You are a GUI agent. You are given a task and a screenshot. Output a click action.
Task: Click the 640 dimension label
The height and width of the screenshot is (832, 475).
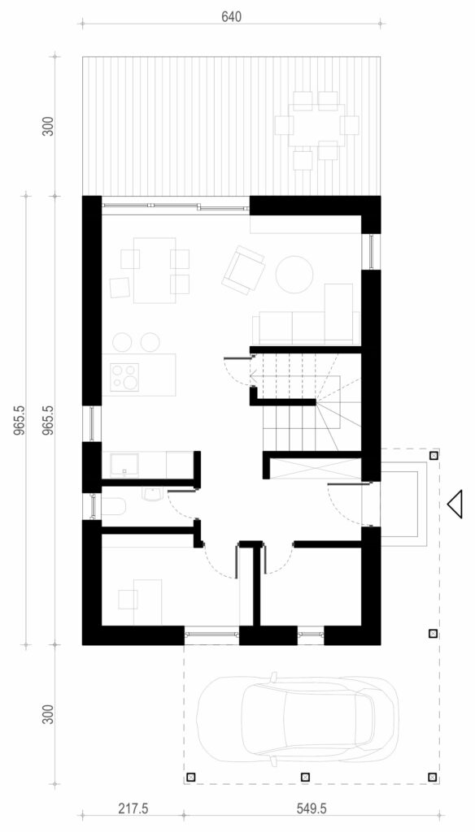coord(231,16)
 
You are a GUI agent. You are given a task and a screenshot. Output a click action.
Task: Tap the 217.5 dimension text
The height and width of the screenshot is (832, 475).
coord(133,808)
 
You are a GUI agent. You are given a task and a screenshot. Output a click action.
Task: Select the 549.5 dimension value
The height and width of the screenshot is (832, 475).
coord(311,808)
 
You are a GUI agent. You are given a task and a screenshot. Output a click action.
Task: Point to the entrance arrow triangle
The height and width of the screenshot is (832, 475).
coord(455,504)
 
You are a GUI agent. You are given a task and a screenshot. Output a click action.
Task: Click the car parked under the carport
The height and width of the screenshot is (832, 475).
coord(297,720)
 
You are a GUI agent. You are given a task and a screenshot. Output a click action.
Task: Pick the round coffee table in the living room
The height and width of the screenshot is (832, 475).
coord(294,275)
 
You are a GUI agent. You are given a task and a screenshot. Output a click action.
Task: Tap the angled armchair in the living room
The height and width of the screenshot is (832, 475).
coord(243,270)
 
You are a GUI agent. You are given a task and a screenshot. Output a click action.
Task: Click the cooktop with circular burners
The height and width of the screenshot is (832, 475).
coord(124,377)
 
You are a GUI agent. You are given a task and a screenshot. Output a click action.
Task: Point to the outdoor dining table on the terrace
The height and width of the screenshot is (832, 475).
coord(316,125)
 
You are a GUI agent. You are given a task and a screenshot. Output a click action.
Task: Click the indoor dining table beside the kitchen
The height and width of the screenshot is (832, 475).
coord(155,270)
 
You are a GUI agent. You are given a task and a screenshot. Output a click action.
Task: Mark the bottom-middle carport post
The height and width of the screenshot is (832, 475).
coord(305,777)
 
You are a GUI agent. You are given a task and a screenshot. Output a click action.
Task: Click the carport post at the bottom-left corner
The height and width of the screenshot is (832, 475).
coord(191,778)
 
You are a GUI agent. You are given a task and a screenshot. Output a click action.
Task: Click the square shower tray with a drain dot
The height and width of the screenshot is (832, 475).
coord(124,464)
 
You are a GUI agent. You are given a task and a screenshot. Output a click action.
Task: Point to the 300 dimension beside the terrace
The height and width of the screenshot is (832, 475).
coord(48,126)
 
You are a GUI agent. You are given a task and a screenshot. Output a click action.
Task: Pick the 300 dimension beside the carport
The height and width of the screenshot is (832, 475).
coord(48,714)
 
